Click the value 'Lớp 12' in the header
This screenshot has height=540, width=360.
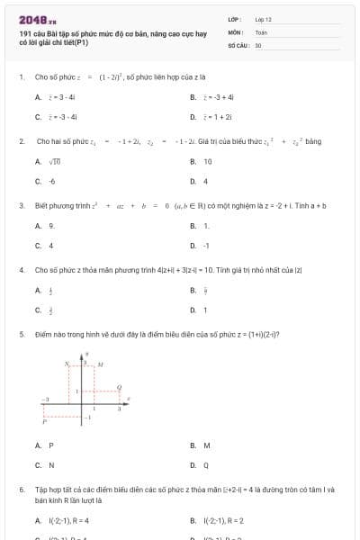[263, 19]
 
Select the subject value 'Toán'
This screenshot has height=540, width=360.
[261, 31]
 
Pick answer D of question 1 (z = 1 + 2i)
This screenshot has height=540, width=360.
[215, 117]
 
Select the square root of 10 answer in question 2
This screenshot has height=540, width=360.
[54, 162]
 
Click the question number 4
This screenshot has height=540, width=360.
[21, 270]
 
